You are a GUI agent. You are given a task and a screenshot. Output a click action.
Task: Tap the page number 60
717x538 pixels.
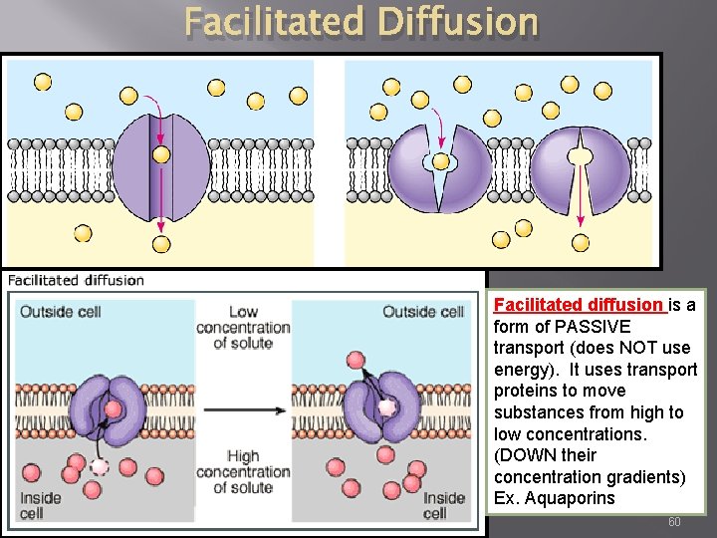coord(674,522)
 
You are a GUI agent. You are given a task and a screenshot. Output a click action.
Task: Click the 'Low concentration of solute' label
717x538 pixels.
coord(243,328)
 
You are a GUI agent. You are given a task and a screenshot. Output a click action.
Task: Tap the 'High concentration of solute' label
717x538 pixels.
coord(243,471)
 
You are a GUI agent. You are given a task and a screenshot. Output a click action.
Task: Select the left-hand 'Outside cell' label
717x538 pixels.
coord(61,312)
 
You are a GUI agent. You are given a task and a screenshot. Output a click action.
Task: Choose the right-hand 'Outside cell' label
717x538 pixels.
coord(423,312)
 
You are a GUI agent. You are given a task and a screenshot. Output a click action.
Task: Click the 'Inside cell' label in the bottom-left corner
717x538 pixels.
coord(40,505)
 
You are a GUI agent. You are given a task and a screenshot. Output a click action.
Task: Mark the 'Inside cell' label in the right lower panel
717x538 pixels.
coord(444,505)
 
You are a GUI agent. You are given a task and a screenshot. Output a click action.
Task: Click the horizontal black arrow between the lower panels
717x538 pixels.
coord(242,408)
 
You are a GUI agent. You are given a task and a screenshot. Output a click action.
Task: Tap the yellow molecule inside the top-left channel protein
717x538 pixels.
coord(161,154)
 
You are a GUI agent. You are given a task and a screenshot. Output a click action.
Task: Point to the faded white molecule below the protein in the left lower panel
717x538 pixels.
coord(100,466)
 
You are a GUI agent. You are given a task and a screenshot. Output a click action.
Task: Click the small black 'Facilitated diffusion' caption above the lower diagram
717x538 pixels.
coord(77,280)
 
